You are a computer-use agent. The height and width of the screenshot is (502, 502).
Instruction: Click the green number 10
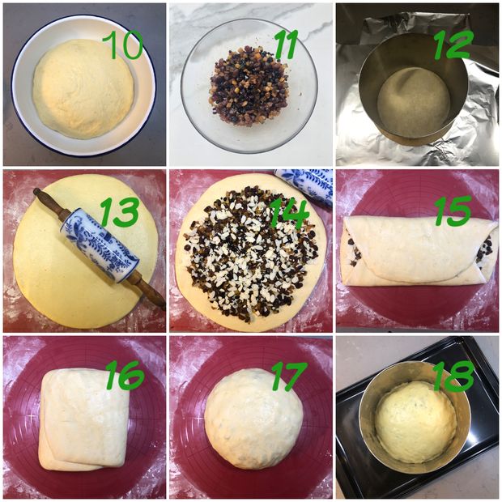point(122,45)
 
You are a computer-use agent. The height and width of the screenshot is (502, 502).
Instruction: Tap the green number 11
point(286,45)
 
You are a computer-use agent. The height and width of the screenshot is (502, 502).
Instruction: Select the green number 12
point(453,45)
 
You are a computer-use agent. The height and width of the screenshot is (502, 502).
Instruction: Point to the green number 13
point(119,212)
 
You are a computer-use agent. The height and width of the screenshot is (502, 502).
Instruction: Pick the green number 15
point(453,211)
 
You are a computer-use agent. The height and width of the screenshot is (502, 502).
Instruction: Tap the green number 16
point(125,375)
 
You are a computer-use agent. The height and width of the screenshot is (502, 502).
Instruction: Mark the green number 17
point(289,376)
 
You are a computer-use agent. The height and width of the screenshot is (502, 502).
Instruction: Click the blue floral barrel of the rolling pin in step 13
point(100,245)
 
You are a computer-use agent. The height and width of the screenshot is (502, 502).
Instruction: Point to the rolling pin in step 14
point(304,186)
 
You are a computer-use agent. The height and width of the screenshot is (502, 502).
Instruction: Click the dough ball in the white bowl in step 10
point(83,88)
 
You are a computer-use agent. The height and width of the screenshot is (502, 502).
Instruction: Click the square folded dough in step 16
point(84,419)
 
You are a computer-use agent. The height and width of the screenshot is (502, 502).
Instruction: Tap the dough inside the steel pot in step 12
point(414,101)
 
